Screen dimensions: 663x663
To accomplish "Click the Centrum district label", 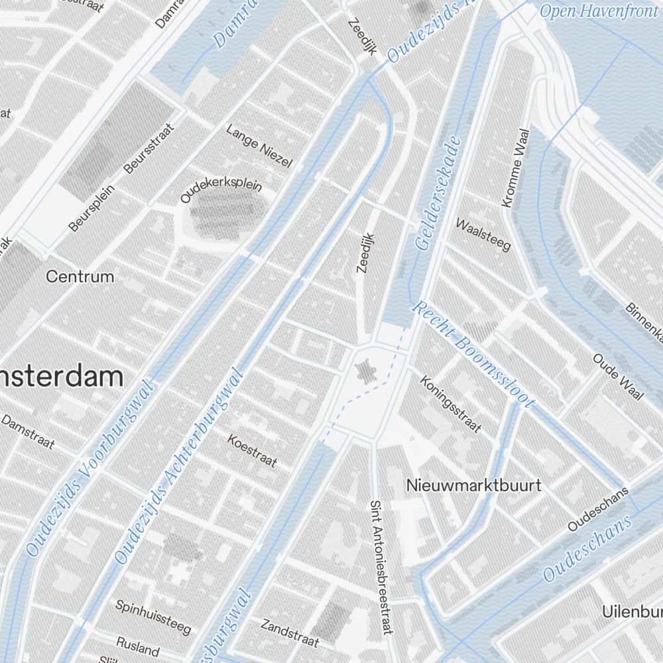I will tap(80, 276).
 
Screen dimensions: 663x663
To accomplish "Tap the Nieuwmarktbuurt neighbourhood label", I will tap(473, 485).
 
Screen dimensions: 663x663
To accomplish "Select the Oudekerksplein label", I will tap(221, 191).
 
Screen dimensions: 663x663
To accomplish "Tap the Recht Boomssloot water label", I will tap(473, 355).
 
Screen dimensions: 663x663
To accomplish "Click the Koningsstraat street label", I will tap(451, 404).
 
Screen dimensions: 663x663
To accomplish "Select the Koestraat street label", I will tap(252, 450).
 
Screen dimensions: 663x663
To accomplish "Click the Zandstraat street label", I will tap(290, 633).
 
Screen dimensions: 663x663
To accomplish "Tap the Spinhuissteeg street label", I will tap(153, 616).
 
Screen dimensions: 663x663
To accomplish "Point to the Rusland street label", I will tap(138, 645).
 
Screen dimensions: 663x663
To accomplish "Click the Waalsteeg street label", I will tap(483, 234).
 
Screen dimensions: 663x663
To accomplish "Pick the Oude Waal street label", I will tap(618, 377).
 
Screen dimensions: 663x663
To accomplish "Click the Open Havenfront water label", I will tap(589, 11).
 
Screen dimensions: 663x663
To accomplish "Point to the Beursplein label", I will tap(91, 208).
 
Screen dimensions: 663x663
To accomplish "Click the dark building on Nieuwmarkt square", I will tap(365, 371).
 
